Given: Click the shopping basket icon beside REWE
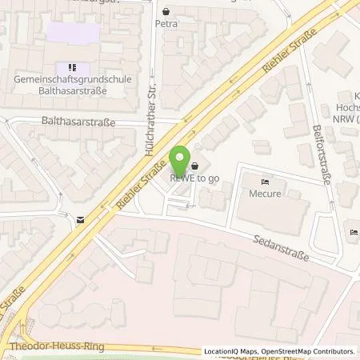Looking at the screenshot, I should click(195, 167).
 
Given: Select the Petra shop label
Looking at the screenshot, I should click(166, 24).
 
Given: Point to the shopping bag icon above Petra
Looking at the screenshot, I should click(166, 12).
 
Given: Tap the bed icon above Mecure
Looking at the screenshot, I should click(267, 181).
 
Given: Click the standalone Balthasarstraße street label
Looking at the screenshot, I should click(78, 122).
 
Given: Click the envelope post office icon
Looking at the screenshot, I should click(80, 218).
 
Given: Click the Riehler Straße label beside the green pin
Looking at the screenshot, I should click(141, 184).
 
